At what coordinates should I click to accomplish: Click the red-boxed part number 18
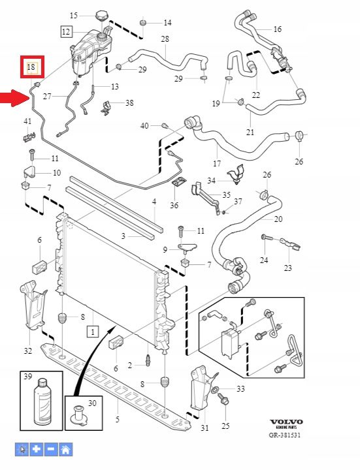point(31,67)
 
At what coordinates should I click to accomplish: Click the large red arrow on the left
point(14,98)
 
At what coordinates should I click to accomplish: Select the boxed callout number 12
point(66,31)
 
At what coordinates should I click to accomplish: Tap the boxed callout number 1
point(93,332)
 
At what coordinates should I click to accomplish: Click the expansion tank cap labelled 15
point(101,15)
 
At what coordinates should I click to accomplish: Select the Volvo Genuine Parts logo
point(286,424)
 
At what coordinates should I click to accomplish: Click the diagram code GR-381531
point(285,435)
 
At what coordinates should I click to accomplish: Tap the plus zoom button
point(37,449)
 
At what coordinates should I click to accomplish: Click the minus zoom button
point(51,449)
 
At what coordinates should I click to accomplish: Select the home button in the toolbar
point(66,449)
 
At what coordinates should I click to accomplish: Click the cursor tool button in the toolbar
point(22,449)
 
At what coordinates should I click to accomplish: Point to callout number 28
point(165,39)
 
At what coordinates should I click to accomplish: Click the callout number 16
point(278,29)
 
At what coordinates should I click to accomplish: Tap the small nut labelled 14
point(143,23)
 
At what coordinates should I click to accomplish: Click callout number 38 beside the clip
point(129,103)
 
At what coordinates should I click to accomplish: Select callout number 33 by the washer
point(241,389)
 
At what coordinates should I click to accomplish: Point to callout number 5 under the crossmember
point(118,419)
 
